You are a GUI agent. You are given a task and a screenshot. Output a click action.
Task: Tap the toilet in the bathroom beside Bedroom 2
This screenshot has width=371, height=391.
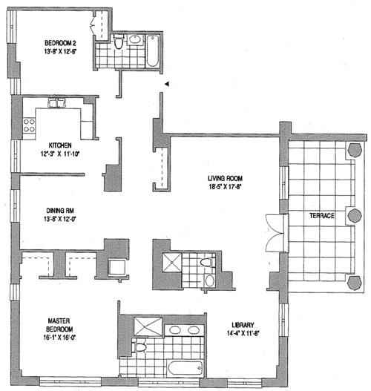click(x=137, y=42)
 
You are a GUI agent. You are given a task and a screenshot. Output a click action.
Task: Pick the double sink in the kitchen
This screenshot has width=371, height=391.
click(x=58, y=103)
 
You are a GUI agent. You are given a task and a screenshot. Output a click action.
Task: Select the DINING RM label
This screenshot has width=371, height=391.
click(x=59, y=210)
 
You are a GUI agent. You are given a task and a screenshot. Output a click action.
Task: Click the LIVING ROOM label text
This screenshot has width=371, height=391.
click(x=226, y=178)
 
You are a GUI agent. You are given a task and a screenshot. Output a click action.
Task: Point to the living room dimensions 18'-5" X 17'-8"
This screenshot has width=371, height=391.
click(x=226, y=188)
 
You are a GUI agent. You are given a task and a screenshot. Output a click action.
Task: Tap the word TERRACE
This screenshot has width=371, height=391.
click(x=324, y=215)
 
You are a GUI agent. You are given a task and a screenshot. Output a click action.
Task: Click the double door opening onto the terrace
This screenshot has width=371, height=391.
click(x=272, y=230)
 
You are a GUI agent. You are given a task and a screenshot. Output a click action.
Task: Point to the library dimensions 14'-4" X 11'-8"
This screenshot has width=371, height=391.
click(x=242, y=335)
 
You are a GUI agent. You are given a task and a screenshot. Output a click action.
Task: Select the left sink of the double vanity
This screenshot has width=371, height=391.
click(x=176, y=330)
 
